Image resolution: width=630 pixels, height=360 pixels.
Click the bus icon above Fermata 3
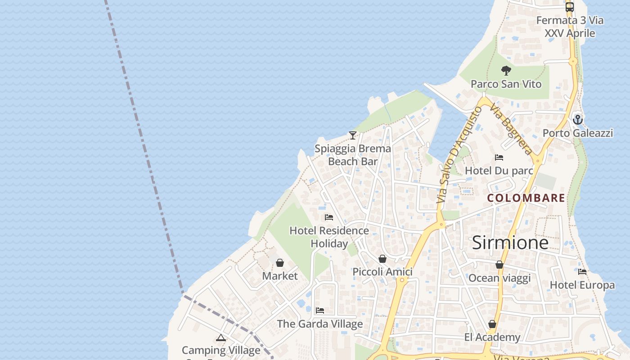(x=570, y=7)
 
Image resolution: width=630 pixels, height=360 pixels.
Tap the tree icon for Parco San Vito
(x=506, y=71)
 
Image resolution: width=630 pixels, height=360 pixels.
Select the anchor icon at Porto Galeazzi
(x=578, y=120)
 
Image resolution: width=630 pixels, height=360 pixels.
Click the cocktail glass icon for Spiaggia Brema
(x=353, y=135)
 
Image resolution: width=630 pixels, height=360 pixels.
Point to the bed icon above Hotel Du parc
(x=499, y=157)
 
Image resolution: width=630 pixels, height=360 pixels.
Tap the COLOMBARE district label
(x=526, y=198)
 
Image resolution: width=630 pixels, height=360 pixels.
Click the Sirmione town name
(x=510, y=243)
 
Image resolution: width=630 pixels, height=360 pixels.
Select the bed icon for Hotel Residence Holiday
(x=329, y=217)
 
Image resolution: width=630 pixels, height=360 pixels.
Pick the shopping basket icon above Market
(x=280, y=263)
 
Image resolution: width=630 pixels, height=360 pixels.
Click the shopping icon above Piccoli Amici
(x=382, y=259)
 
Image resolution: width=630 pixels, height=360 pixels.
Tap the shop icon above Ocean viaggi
(x=499, y=265)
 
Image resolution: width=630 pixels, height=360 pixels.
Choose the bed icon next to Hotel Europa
(x=582, y=272)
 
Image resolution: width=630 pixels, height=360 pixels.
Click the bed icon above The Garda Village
(x=320, y=310)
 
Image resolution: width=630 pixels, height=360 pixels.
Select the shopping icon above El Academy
(x=492, y=324)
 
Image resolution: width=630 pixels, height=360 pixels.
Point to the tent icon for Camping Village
(x=221, y=337)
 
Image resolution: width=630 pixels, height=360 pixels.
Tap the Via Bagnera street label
(x=511, y=129)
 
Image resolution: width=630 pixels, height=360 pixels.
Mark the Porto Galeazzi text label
(x=578, y=133)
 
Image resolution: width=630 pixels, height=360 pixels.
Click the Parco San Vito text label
(x=506, y=84)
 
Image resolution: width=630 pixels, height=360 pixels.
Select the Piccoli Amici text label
(x=382, y=272)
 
